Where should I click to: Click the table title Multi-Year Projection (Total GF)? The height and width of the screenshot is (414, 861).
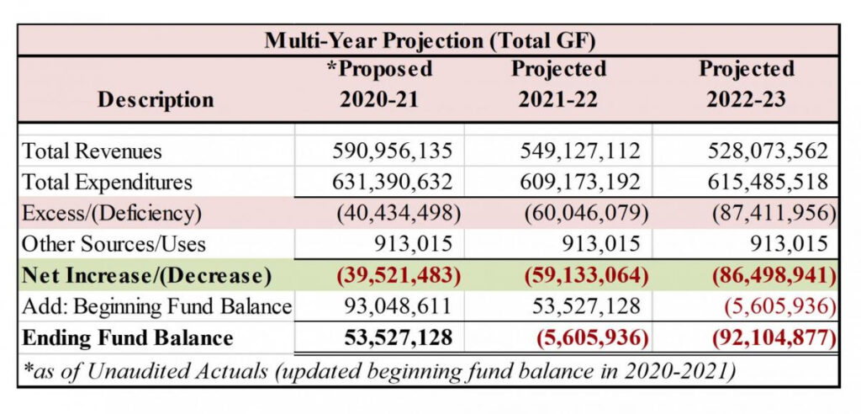[430, 40]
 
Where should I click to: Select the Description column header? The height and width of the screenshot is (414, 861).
[156, 99]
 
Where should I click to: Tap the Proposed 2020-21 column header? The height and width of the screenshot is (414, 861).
[378, 83]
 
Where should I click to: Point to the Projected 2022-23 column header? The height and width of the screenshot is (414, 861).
[746, 83]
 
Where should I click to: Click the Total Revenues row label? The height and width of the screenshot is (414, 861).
[92, 151]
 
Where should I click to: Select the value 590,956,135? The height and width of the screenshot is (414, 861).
[394, 151]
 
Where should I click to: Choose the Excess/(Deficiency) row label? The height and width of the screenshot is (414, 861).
[112, 213]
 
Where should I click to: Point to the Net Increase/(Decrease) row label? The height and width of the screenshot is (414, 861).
[146, 275]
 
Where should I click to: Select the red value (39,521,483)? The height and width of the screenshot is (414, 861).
[394, 275]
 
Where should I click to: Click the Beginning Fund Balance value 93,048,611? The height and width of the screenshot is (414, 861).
[394, 306]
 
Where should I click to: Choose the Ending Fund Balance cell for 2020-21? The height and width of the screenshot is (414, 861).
[399, 338]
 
